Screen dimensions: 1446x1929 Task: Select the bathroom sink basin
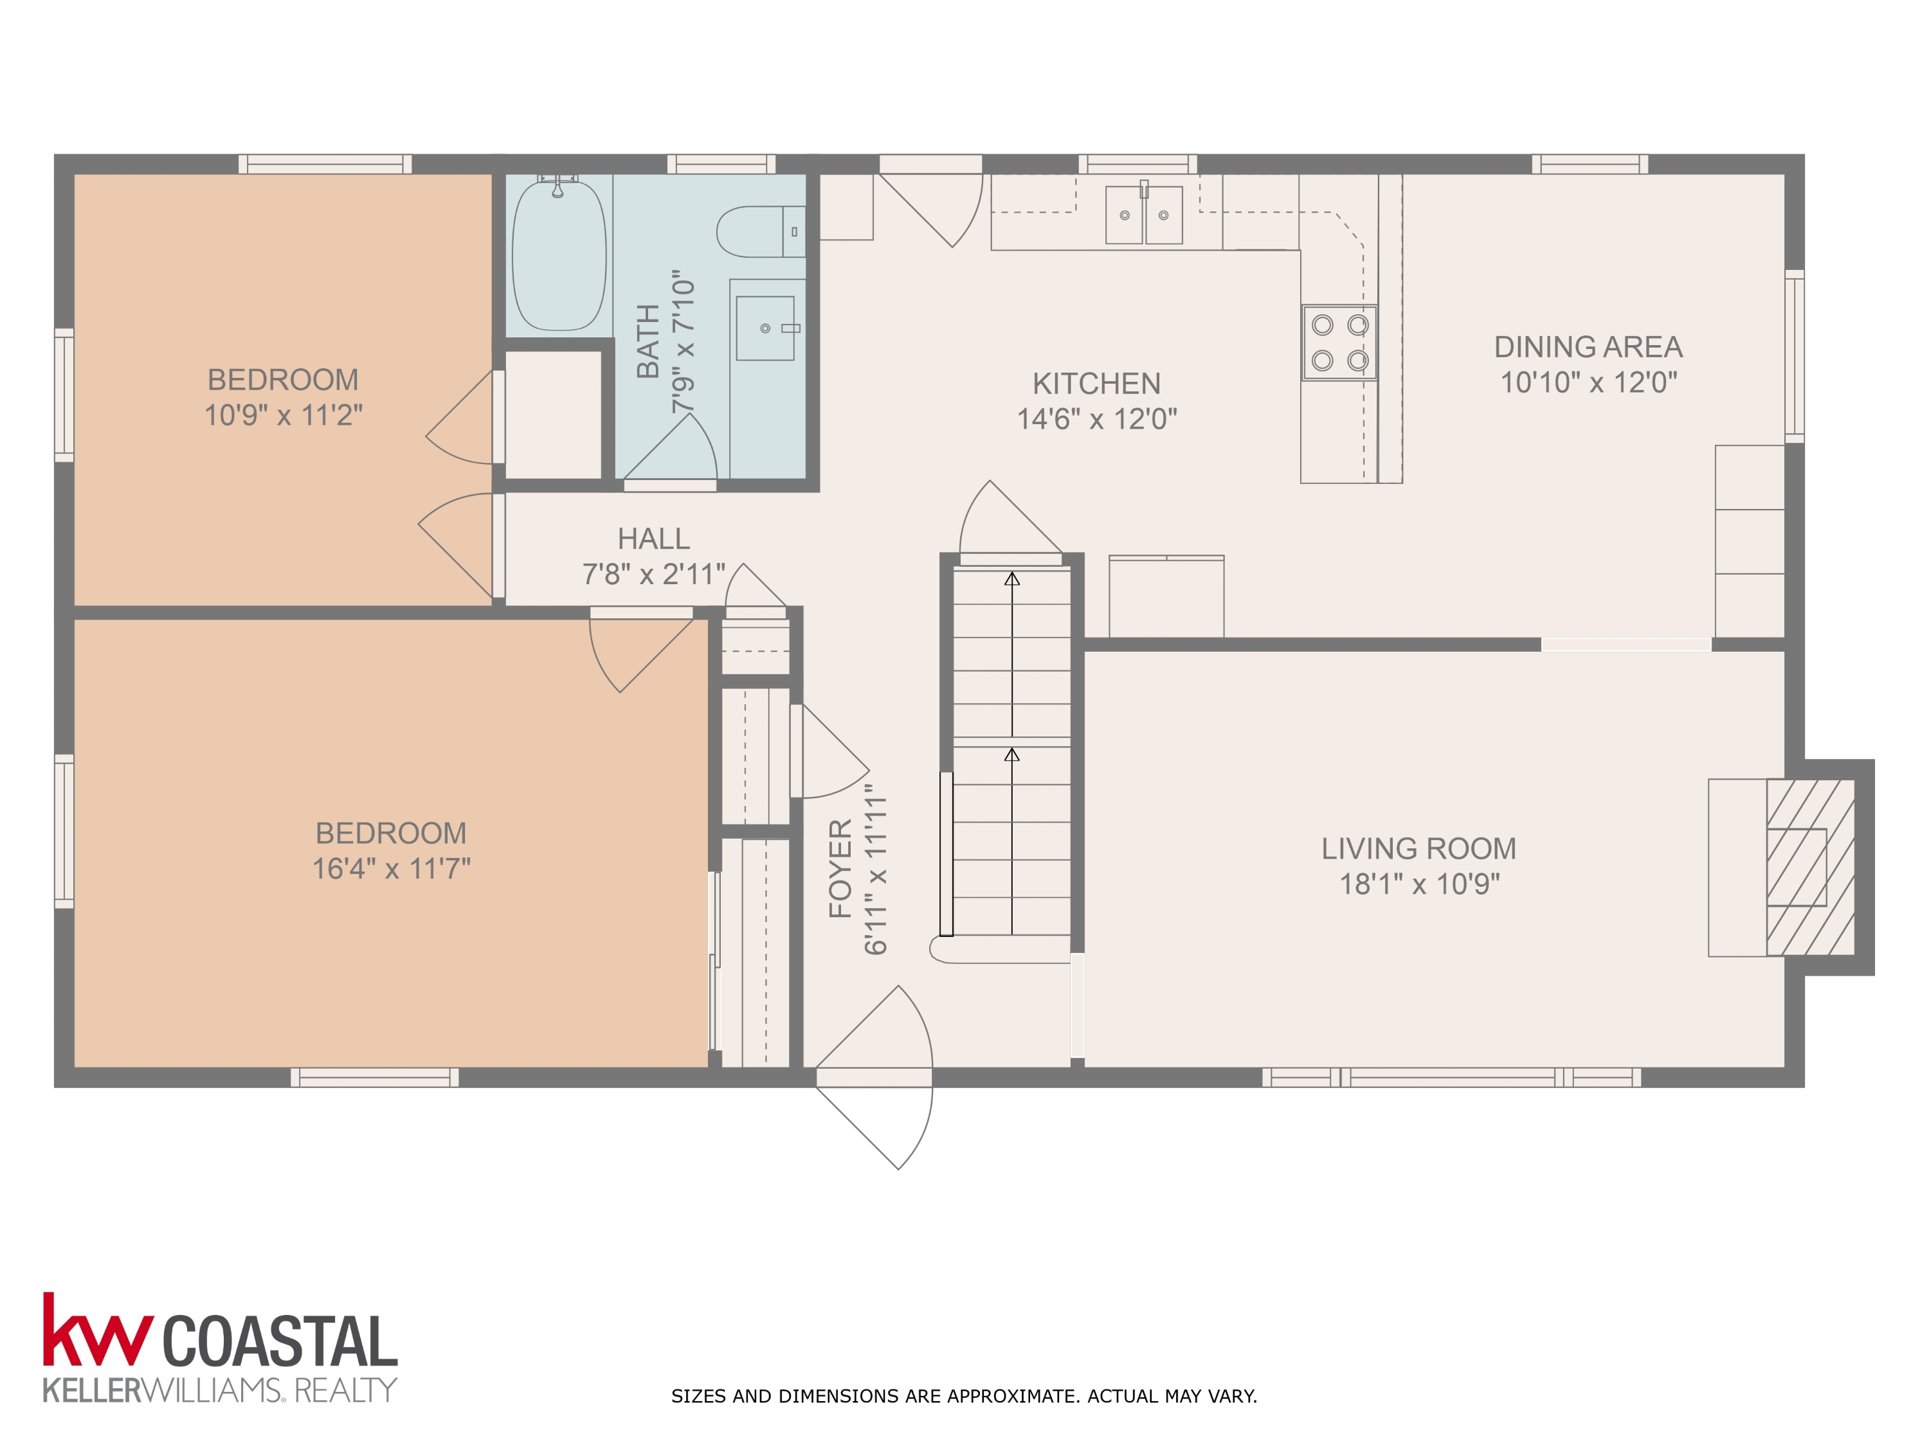click(765, 328)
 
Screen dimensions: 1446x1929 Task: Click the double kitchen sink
click(1143, 215)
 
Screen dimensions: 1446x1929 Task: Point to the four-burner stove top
click(1339, 343)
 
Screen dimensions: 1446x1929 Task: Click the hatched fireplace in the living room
click(1809, 867)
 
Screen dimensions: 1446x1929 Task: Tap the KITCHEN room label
click(1096, 384)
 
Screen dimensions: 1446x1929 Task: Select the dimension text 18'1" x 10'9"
click(1419, 884)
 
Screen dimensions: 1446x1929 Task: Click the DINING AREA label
click(1588, 347)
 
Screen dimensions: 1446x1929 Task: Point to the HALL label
click(653, 539)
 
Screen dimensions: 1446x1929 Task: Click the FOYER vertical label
click(840, 868)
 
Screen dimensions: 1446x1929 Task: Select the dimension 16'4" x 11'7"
click(391, 868)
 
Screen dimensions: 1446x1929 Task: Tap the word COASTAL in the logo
click(280, 1343)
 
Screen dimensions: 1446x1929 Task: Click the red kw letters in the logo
click(98, 1334)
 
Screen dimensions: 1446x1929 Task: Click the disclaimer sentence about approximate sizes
click(964, 1397)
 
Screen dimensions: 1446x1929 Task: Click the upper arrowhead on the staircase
click(1011, 579)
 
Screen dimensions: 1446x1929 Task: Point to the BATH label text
click(648, 342)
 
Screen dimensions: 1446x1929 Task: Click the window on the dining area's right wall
click(1794, 355)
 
